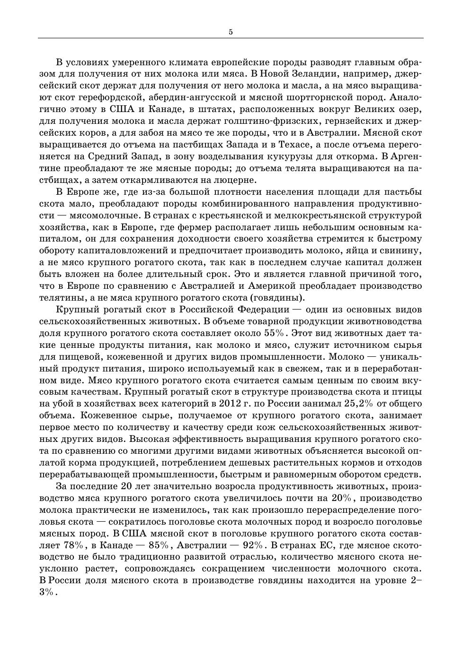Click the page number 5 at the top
pyautogui.click(x=231, y=32)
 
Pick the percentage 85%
pyautogui.click(x=158, y=545)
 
